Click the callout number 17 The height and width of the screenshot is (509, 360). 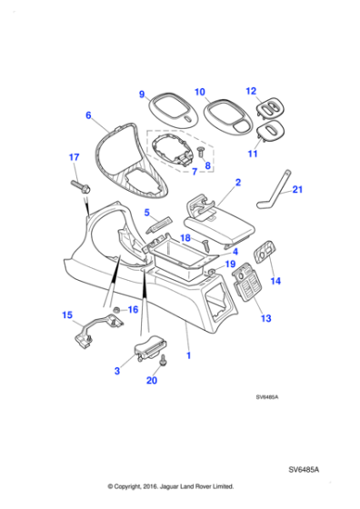[75, 158]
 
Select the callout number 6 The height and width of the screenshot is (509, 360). [88, 115]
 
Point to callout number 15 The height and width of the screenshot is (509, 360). [66, 315]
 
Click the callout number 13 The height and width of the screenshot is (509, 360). [265, 319]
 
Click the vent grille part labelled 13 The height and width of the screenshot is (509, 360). [244, 293]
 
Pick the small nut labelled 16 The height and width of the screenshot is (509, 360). [118, 311]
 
